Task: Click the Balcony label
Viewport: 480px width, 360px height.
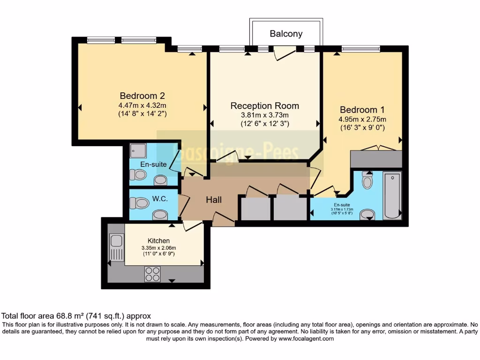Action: click(x=286, y=34)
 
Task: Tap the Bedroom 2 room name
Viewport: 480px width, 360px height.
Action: click(x=142, y=96)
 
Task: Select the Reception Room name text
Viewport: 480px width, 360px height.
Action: click(x=264, y=106)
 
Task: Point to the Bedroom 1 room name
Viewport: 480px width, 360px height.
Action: click(x=362, y=110)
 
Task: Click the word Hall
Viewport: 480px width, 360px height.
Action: click(x=214, y=200)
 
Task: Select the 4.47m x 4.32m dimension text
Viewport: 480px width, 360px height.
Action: click(x=142, y=105)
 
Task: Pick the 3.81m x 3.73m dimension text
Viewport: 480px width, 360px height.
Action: click(x=264, y=115)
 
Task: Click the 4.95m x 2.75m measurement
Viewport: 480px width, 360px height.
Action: click(x=362, y=119)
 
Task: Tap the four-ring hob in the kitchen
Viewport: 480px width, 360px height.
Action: click(x=152, y=274)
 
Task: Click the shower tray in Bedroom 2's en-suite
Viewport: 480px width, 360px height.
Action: click(x=139, y=150)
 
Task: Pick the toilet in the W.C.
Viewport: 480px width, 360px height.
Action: click(x=139, y=203)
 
